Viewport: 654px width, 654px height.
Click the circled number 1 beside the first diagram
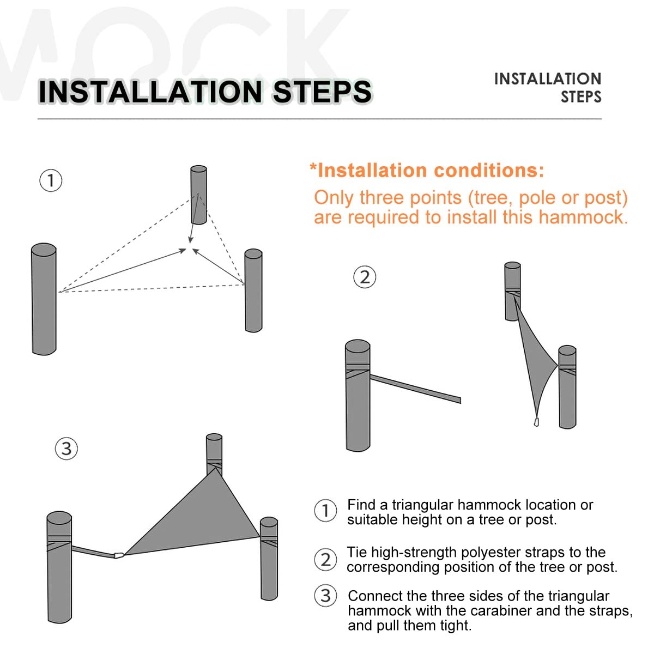[x=51, y=180]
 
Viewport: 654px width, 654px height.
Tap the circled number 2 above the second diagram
[x=365, y=277]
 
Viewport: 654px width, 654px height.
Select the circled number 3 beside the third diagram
[x=66, y=449]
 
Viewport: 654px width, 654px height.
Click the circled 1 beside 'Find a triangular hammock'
[x=325, y=510]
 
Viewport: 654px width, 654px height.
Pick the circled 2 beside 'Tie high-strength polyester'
[x=325, y=559]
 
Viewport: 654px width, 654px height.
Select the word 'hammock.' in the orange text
[x=583, y=217]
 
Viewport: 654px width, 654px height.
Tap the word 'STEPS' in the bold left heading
[x=322, y=92]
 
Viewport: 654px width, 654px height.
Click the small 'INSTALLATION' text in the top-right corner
[x=547, y=78]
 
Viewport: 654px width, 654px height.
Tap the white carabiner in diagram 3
[x=118, y=555]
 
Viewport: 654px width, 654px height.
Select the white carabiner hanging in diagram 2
[x=536, y=421]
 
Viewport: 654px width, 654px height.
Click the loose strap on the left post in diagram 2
[x=415, y=389]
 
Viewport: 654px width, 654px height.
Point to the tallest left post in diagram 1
[x=44, y=299]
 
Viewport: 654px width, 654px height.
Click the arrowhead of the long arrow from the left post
[x=183, y=251]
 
